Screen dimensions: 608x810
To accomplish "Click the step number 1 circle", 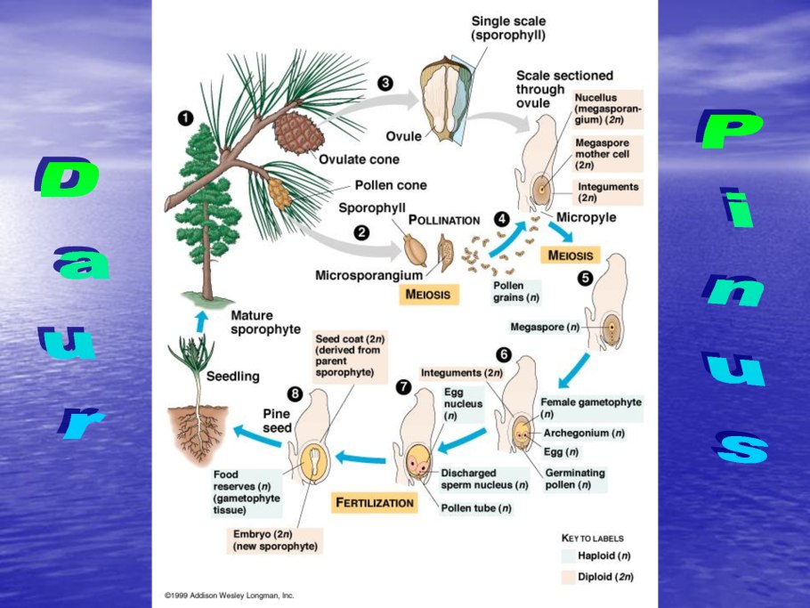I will [x=185, y=118].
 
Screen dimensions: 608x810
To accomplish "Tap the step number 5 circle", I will [x=585, y=278].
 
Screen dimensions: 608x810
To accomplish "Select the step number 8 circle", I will [x=295, y=394].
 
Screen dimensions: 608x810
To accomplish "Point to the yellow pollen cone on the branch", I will [x=280, y=192].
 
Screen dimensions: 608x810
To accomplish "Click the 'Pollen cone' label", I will [x=391, y=185].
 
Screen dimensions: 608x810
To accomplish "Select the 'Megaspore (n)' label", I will [x=545, y=327].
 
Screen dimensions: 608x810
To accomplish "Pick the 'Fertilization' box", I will [x=374, y=503].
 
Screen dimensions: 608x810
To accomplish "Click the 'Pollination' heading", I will [x=443, y=219].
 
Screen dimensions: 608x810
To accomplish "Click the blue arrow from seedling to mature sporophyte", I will [x=202, y=319].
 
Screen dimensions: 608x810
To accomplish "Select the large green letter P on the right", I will [x=730, y=131].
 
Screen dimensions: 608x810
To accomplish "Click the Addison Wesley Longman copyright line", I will [x=229, y=595].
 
